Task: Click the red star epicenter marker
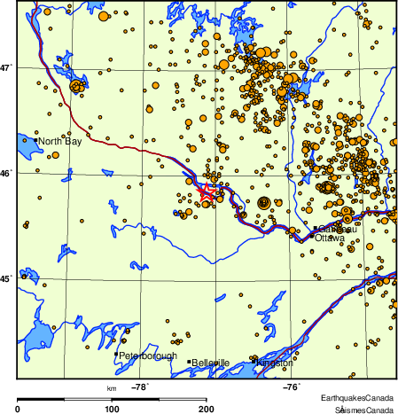tap(205, 191)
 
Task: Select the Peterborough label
tap(147, 356)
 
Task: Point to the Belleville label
tap(211, 363)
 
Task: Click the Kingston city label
tap(274, 363)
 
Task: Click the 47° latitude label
tap(6, 66)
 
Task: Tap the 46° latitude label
tap(6, 173)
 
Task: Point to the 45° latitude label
tap(6, 279)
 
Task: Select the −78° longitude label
tap(139, 387)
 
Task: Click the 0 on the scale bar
tap(19, 409)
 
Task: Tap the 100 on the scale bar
tap(113, 409)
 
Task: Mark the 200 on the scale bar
tap(207, 409)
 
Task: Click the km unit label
tap(112, 387)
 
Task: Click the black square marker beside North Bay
tap(35, 140)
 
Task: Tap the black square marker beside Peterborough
tap(115, 355)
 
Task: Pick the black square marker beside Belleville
tap(188, 362)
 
